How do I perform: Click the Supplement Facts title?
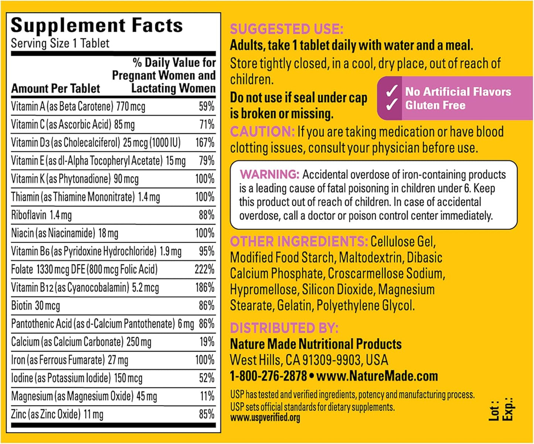pos(97,26)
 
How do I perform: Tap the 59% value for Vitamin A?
pos(206,106)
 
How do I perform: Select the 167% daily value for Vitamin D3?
pos(205,142)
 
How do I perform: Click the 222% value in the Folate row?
pos(204,269)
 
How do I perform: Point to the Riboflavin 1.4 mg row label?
pos(41,215)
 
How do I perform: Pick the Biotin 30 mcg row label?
pos(35,305)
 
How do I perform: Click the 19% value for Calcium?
pos(207,341)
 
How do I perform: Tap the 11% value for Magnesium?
pos(207,396)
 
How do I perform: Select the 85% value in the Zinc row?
pos(206,414)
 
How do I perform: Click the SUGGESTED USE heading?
pos(286,29)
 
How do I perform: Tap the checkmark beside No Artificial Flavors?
pos(391,91)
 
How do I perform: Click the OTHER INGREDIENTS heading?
pos(299,241)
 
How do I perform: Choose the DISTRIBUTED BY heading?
pos(284,328)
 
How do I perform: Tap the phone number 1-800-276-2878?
pos(268,376)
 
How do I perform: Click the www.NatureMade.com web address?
pos(377,376)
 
